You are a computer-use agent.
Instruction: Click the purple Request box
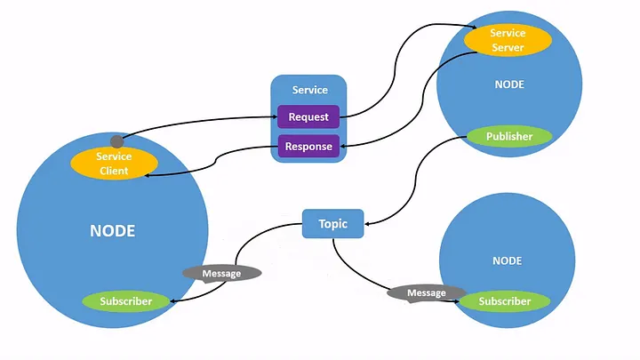point(308,117)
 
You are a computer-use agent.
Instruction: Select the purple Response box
point(308,147)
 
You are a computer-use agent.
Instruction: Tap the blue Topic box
point(332,224)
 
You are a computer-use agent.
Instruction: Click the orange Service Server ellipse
point(508,40)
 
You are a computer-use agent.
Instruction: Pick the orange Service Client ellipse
point(113,164)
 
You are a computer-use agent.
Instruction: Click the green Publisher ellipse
point(509,137)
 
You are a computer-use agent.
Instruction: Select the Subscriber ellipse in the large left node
point(125,301)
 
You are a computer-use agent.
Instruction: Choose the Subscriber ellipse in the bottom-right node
point(504,301)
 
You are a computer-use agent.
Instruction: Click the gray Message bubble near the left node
point(221,274)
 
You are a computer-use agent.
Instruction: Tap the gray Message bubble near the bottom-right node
point(426,293)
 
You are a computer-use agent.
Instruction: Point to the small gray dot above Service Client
point(116,141)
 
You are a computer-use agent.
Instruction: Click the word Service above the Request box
point(309,90)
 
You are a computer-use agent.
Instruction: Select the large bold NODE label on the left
point(113,230)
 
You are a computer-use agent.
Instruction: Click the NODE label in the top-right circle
point(508,84)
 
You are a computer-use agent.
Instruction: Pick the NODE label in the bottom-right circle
point(508,261)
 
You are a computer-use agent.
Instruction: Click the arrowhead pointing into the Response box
point(343,147)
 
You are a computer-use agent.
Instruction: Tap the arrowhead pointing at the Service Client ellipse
point(148,174)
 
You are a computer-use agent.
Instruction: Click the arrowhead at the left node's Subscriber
point(172,302)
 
